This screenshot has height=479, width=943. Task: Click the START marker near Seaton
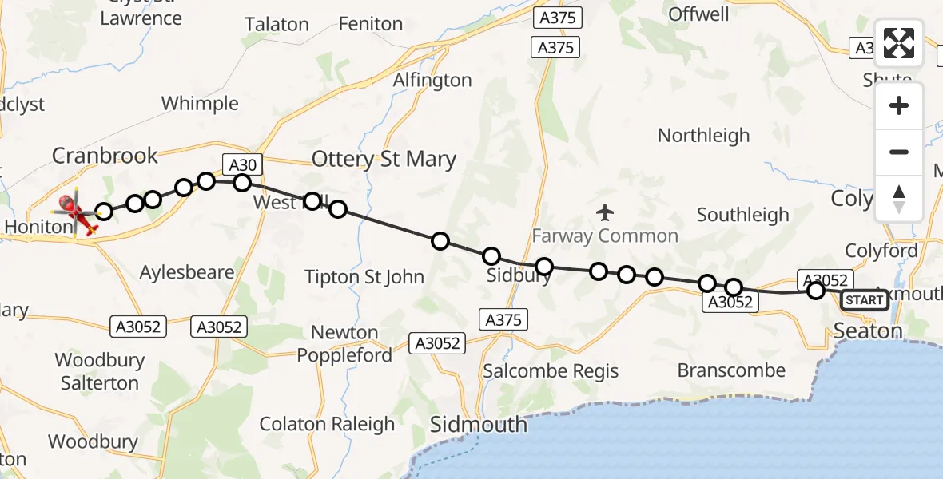click(x=865, y=300)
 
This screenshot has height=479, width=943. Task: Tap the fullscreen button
click(x=899, y=43)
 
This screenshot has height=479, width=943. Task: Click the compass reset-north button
click(x=899, y=198)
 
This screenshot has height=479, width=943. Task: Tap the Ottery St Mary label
click(x=384, y=159)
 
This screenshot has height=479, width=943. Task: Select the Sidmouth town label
click(x=479, y=424)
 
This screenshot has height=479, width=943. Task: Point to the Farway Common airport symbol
click(x=605, y=212)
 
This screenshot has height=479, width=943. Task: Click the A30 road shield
click(x=242, y=165)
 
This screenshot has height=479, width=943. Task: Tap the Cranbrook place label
click(x=105, y=155)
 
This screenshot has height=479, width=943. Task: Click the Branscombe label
click(x=731, y=370)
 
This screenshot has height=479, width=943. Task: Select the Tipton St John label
click(x=364, y=277)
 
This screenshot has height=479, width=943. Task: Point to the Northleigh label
click(x=703, y=136)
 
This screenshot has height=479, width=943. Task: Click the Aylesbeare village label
click(x=187, y=272)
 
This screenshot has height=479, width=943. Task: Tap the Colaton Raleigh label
click(x=327, y=424)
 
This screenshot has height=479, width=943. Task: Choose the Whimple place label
click(x=200, y=104)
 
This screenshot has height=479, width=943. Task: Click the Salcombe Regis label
click(x=551, y=371)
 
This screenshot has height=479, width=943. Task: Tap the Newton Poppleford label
click(x=345, y=343)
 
